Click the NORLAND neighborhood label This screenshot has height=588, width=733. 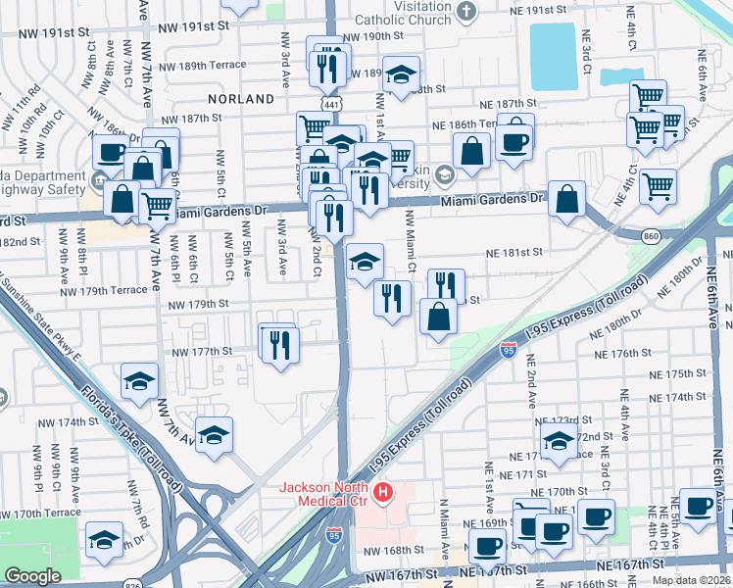click(241, 99)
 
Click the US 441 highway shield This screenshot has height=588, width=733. click(323, 103)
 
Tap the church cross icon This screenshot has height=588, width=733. click(465, 12)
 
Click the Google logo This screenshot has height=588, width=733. click(32, 576)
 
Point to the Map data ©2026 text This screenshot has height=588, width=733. click(691, 580)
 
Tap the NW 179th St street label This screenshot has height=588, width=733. click(197, 305)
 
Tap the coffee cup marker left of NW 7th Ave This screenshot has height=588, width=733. click(112, 153)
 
